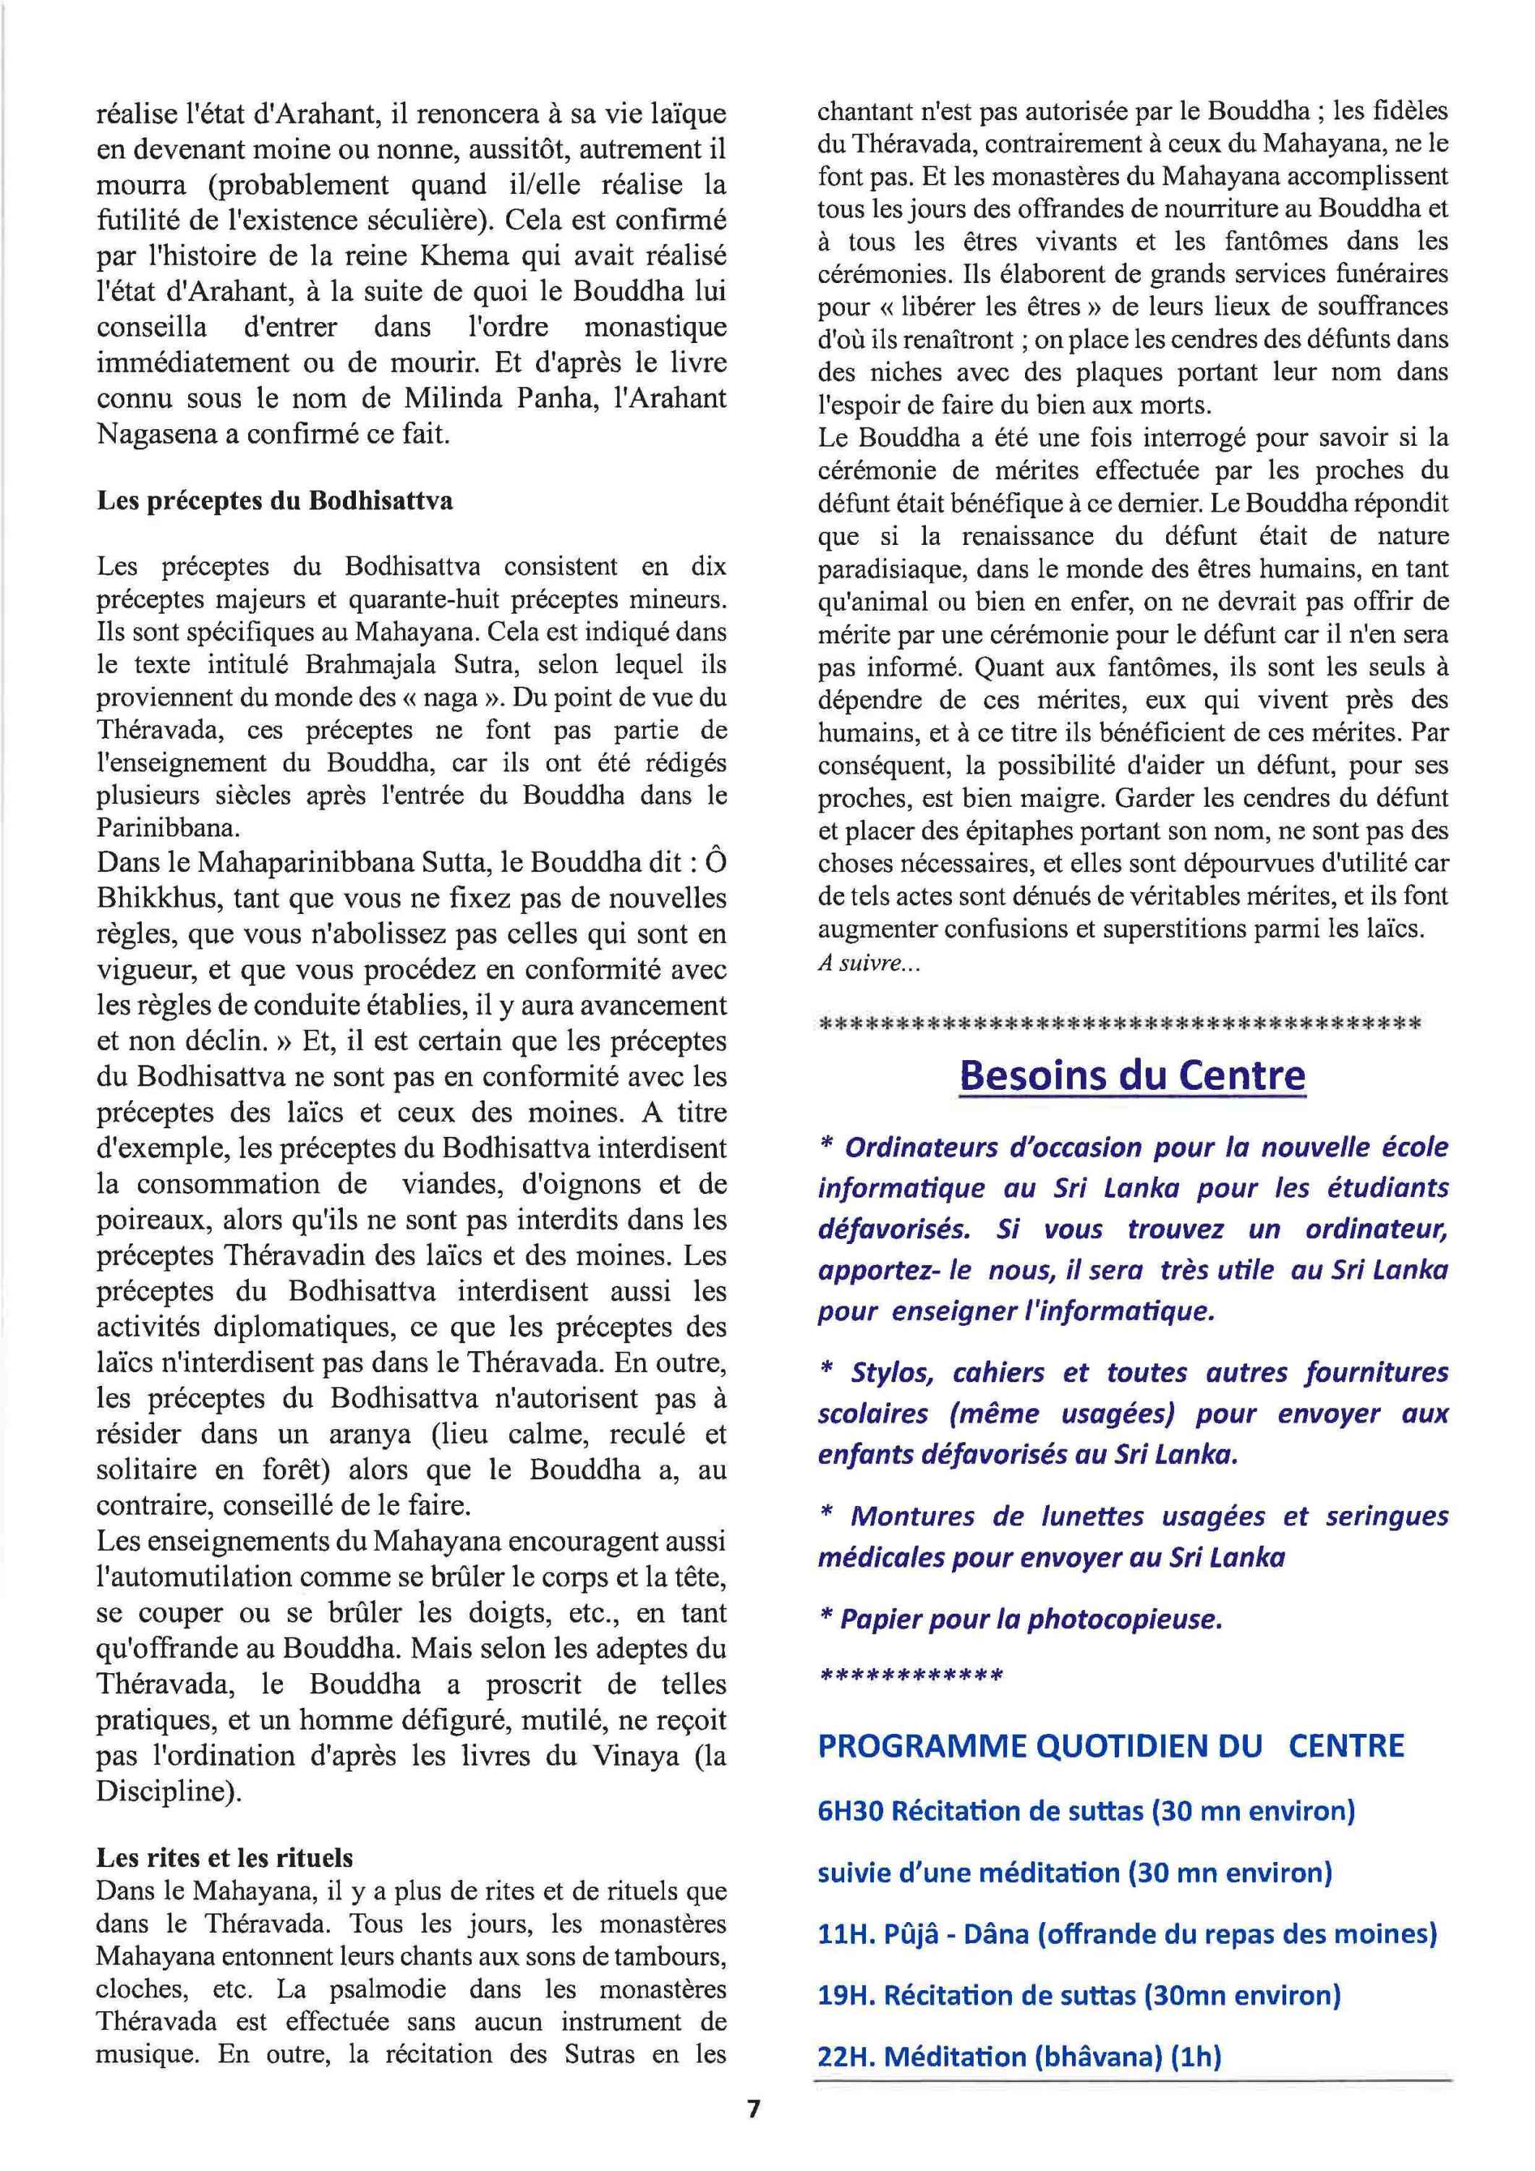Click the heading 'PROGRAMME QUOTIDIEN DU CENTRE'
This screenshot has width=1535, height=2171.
click(x=1110, y=1745)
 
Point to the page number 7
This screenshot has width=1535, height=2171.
click(x=753, y=2134)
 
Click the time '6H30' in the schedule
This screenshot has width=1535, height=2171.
click(x=850, y=1811)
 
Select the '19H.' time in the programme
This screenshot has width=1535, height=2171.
click(x=846, y=1995)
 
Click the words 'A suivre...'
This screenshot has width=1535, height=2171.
click(x=868, y=965)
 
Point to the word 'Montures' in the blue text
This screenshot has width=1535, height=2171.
click(x=912, y=1516)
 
